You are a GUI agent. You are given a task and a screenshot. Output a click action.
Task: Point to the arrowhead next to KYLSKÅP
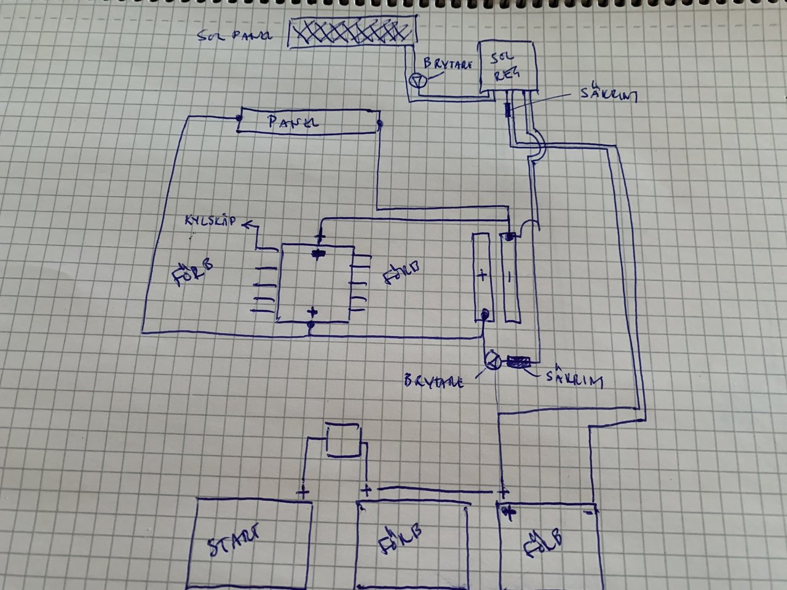pos(247,226)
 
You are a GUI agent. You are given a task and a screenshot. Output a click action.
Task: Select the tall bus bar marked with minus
pos(510,278)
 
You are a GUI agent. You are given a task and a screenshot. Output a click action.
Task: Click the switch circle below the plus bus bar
pos(492,361)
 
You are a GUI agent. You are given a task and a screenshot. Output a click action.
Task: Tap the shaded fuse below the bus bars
pos(518,363)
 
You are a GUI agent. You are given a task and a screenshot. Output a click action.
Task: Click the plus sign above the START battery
pos(303,492)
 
